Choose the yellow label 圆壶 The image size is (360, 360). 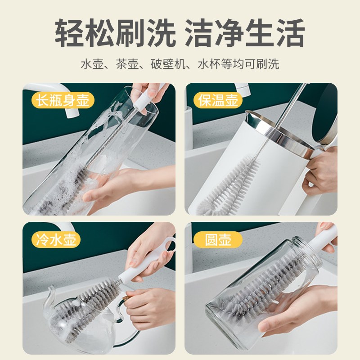[212, 239]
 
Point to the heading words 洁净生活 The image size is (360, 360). [246, 33]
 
